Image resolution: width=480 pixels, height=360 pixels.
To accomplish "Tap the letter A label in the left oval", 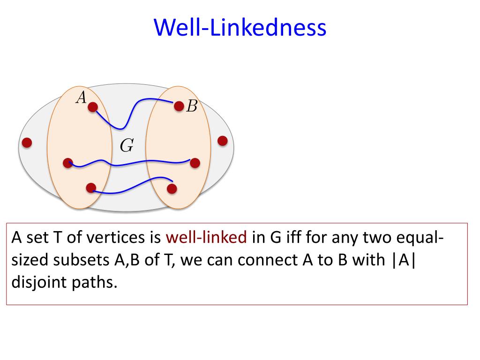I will [x=82, y=97].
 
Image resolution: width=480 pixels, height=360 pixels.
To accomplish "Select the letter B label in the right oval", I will [x=192, y=107].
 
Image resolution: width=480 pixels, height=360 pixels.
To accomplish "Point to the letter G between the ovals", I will [x=127, y=146].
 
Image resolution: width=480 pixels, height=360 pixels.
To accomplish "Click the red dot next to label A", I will [x=93, y=107].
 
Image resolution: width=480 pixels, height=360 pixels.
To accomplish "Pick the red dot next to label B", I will [x=179, y=106].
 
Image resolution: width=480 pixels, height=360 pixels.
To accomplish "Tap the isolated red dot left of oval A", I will [x=27, y=142].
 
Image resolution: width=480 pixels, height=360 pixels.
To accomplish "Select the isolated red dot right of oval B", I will [x=223, y=141].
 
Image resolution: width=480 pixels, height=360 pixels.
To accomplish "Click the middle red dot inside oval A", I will [x=68, y=163].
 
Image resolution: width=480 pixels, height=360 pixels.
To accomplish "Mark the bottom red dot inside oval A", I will [x=91, y=188].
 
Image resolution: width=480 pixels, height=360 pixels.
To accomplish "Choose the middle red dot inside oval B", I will [x=195, y=163].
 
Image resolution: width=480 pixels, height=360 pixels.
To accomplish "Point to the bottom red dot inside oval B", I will [x=172, y=189].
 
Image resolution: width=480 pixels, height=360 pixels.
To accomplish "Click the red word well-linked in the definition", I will [x=206, y=238].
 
